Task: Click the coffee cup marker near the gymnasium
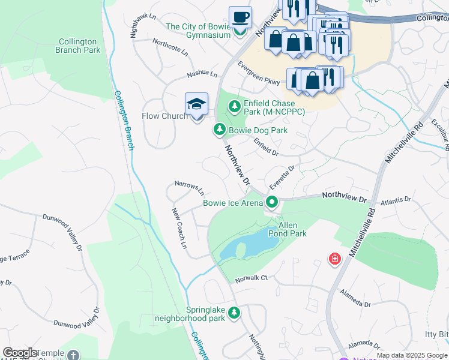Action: (x=240, y=18)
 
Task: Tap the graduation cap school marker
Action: (x=196, y=105)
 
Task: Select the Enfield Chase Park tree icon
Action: (x=234, y=107)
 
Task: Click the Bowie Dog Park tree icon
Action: (x=220, y=130)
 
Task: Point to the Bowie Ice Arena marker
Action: (x=272, y=203)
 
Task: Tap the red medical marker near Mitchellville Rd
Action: (x=334, y=259)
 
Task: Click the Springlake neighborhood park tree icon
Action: (x=234, y=313)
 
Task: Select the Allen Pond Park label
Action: (x=292, y=229)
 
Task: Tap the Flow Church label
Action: (x=164, y=116)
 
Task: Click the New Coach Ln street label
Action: (x=179, y=229)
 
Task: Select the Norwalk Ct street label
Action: (x=251, y=279)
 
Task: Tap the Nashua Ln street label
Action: (x=202, y=73)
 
